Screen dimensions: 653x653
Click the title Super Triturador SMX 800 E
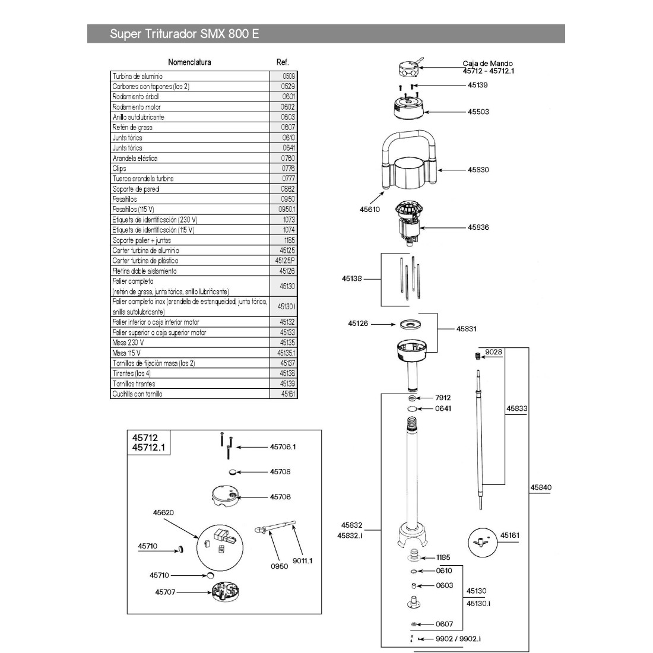click(184, 34)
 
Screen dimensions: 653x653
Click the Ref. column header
click(283, 62)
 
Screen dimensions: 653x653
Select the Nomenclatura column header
click(189, 62)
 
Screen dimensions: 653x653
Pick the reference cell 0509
click(287, 76)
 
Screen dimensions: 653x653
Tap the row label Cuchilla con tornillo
click(137, 394)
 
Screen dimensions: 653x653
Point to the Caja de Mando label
click(487, 64)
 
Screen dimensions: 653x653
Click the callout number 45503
click(478, 112)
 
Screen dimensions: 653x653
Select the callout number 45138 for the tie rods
click(352, 278)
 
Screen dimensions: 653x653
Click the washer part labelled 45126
click(409, 324)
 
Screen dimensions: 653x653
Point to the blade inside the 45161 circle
click(478, 542)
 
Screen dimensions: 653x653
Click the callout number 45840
click(541, 488)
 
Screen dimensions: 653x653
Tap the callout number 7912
click(443, 398)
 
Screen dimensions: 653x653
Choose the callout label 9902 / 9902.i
click(458, 638)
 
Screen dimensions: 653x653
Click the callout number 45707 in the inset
click(166, 592)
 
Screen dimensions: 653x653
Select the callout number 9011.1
click(302, 560)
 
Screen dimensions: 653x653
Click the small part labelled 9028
click(477, 356)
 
